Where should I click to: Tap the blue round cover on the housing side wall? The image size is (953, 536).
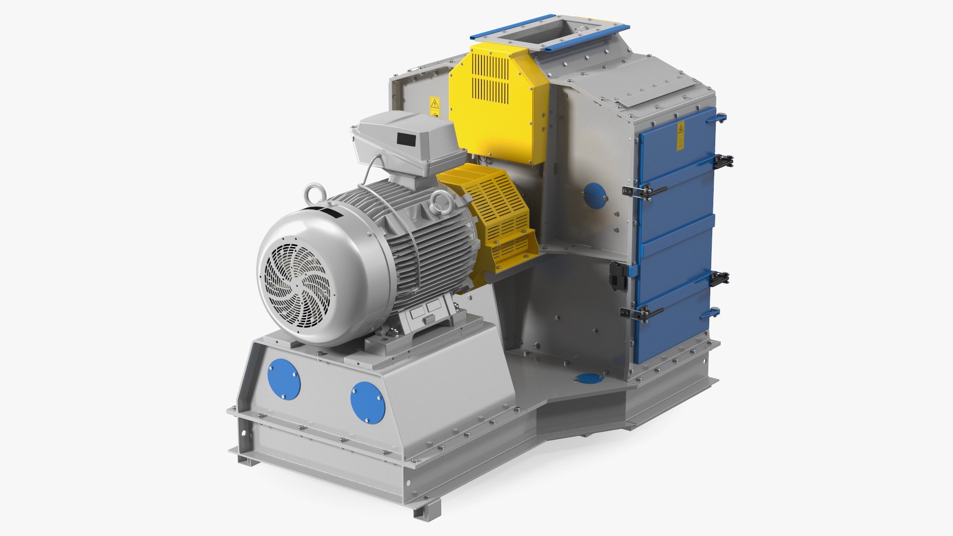(x=594, y=196)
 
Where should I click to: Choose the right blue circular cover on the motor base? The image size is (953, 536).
(x=368, y=402)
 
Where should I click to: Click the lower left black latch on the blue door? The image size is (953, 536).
(x=641, y=313)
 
